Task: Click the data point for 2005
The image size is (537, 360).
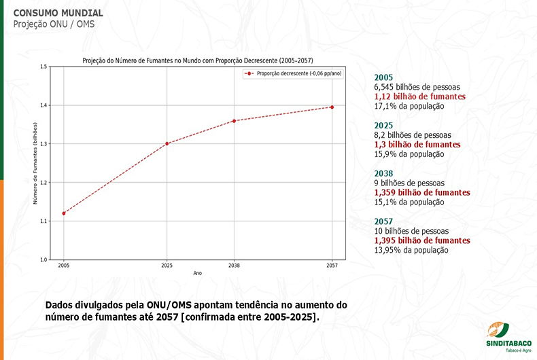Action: (x=65, y=213)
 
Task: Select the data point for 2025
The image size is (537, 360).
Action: (x=167, y=143)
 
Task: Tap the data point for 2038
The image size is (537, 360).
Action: (x=234, y=121)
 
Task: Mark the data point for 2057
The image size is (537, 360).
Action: (x=332, y=107)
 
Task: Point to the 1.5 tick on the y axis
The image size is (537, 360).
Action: (x=43, y=67)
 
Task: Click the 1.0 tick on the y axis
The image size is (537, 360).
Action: (x=43, y=259)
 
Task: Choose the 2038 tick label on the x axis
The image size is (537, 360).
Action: (x=234, y=266)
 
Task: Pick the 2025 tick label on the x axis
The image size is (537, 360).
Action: (x=167, y=266)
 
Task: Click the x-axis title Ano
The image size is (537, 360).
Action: (x=198, y=273)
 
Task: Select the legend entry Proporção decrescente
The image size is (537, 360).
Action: (x=294, y=73)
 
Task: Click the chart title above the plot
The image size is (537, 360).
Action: (x=198, y=60)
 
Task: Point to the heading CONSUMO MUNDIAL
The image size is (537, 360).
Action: (x=58, y=13)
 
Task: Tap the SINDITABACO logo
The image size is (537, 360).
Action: (x=508, y=333)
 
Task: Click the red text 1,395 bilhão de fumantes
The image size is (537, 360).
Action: (x=421, y=240)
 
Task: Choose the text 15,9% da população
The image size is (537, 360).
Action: (x=409, y=154)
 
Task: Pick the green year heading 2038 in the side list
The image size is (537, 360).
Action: (x=383, y=173)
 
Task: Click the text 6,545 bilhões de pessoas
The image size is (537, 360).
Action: (x=417, y=87)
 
